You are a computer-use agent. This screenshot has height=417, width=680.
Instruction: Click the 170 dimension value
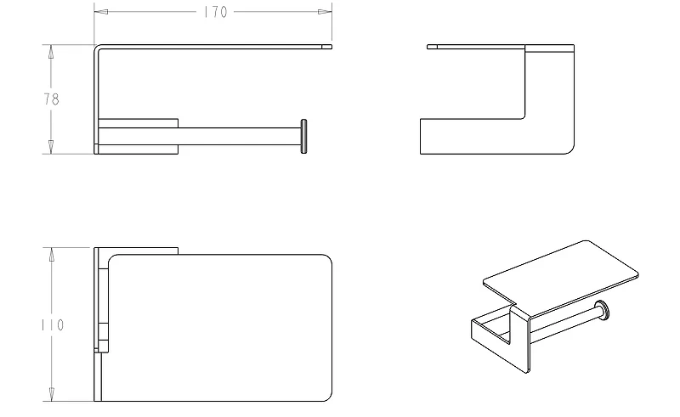tap(216, 12)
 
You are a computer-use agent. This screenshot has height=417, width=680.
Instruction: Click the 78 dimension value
tap(51, 99)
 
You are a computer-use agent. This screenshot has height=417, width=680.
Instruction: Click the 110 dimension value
tap(53, 324)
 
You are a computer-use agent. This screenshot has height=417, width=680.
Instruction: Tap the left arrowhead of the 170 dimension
tap(101, 12)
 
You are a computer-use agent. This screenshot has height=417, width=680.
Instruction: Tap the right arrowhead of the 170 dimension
tap(325, 12)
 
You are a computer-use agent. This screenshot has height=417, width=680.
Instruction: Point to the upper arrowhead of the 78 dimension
tap(51, 52)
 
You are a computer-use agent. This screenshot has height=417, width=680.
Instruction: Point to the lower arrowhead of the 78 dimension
tap(51, 147)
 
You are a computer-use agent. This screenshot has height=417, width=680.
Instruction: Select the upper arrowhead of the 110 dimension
tap(52, 255)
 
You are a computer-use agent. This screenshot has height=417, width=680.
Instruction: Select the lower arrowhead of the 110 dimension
tap(52, 393)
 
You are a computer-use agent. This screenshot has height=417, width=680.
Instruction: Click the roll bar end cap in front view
tap(303, 136)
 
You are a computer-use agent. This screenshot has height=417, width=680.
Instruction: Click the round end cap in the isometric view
tap(602, 311)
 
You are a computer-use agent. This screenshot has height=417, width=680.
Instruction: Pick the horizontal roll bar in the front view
tap(240, 136)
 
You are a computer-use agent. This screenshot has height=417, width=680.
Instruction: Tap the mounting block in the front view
tap(139, 136)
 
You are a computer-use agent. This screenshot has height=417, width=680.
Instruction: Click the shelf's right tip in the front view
tap(331, 47)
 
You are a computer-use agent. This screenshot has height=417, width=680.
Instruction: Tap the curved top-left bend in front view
tap(97, 47)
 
